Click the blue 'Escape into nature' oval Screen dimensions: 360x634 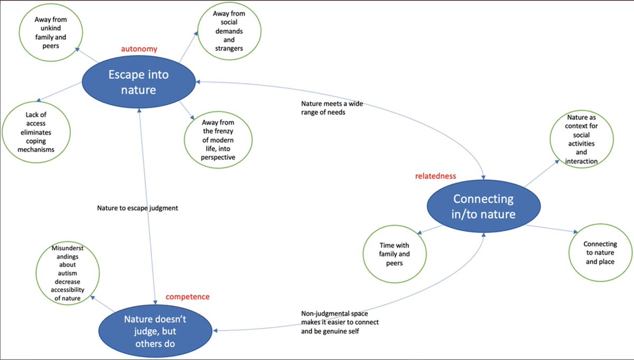(x=138, y=82)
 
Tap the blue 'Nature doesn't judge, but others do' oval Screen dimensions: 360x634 (x=155, y=330)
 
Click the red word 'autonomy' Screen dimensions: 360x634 (x=139, y=49)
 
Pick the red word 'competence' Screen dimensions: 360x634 (x=188, y=297)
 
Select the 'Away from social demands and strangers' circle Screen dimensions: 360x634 (x=228, y=34)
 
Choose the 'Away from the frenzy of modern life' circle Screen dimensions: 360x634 (x=218, y=138)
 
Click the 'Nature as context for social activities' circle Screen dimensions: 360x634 (x=582, y=139)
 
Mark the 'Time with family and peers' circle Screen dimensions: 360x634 (x=395, y=254)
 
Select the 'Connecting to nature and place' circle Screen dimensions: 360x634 (x=600, y=252)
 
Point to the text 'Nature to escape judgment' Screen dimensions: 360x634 (x=137, y=208)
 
